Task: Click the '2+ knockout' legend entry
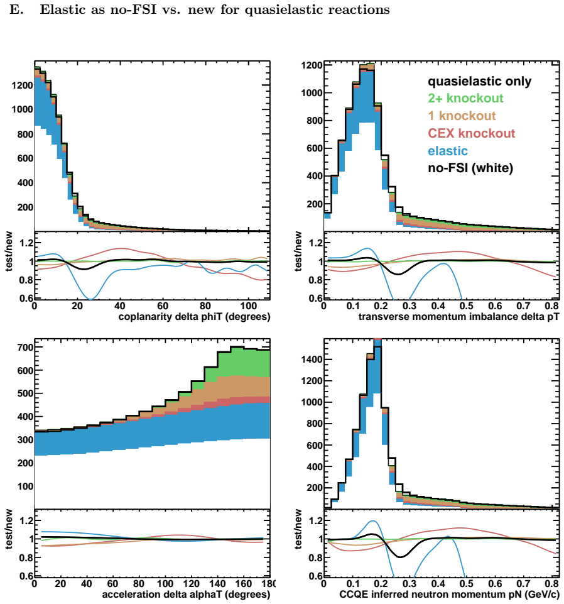465,98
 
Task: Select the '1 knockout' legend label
462,116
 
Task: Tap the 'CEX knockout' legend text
472,133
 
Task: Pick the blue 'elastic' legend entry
448,151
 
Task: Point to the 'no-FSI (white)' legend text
470,168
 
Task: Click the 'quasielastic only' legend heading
480,81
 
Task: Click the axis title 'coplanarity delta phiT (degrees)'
195,317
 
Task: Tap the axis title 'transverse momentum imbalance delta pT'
459,317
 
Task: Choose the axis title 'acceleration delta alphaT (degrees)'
186,595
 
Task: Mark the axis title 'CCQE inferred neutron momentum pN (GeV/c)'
449,595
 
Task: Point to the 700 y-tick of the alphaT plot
25,347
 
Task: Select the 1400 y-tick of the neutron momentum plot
312,360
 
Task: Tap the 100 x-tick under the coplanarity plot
248,306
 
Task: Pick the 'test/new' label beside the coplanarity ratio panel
9,251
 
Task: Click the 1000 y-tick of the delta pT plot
312,93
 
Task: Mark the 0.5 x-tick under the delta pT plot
467,306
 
